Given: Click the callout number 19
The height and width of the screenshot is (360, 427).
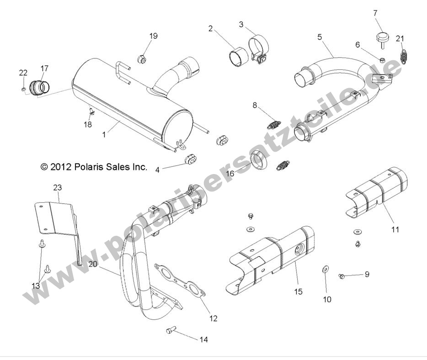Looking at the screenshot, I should pos(153,36).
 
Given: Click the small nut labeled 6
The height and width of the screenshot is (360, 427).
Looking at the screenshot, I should pos(383,59).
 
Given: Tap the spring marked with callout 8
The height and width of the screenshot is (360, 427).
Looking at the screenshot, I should pos(274,123).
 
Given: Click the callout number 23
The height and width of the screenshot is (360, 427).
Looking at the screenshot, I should pos(57,187).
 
